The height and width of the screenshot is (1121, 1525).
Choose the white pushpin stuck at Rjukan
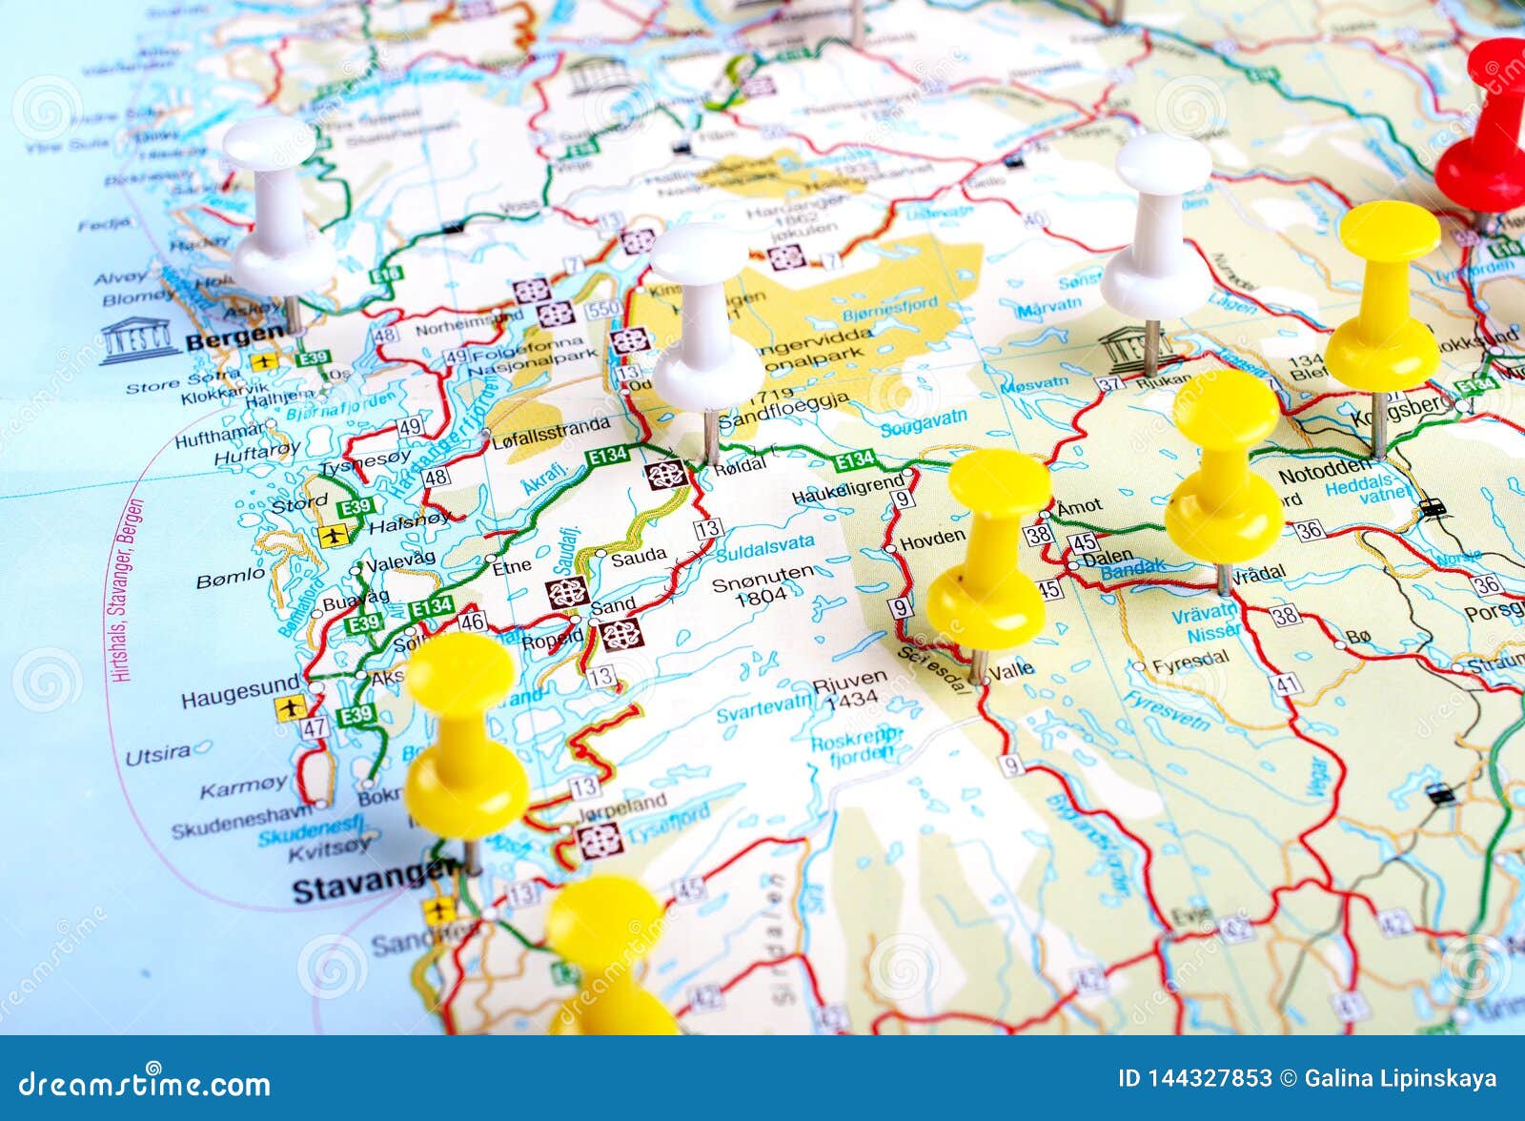coord(1158,229)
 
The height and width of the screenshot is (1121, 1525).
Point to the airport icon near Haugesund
coord(289,709)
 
